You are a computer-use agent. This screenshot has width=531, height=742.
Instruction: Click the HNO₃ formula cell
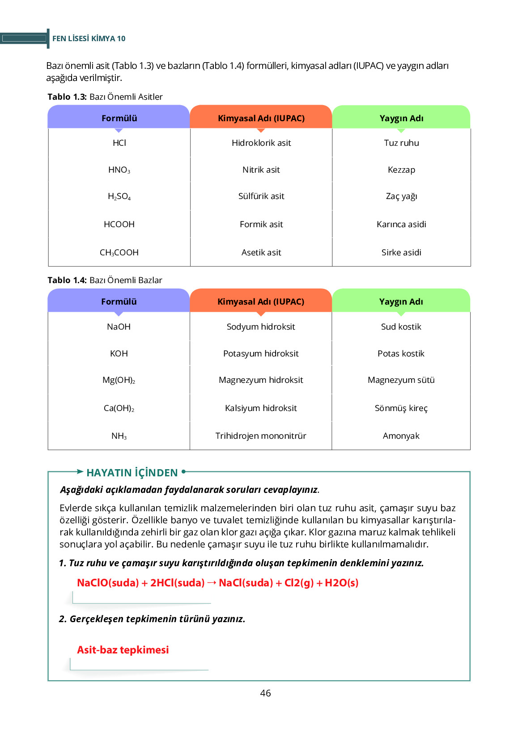[x=119, y=170]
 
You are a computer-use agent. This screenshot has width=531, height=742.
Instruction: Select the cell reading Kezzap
[x=401, y=170]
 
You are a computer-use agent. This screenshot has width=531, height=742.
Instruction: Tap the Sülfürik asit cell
[x=261, y=196]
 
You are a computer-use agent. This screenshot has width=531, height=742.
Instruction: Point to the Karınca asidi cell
[x=401, y=225]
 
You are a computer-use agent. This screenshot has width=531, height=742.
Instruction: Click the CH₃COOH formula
[x=119, y=253]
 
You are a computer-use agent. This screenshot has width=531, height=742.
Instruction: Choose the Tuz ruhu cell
[x=401, y=143]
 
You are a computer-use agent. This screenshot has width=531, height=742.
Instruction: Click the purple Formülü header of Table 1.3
[x=119, y=118]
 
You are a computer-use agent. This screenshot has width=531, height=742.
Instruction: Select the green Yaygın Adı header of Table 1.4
[x=401, y=301]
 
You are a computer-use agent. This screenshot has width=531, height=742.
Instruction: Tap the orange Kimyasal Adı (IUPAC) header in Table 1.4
[x=261, y=301]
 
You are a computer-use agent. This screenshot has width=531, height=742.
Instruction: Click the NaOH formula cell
[x=119, y=327]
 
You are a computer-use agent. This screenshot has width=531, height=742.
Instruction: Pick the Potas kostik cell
[x=401, y=354]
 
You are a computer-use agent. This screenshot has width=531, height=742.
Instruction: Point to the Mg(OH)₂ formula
[x=119, y=380]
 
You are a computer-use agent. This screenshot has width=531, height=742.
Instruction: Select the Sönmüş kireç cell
[x=401, y=408]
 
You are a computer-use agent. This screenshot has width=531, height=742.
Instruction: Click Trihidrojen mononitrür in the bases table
[x=261, y=436]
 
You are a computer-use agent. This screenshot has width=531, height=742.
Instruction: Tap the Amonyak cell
[x=401, y=436]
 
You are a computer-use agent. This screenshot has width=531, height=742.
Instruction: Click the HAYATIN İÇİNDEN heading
[x=132, y=473]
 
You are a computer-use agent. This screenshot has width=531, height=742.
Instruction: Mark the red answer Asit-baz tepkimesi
[x=123, y=650]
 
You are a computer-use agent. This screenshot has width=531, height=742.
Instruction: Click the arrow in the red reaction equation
[x=212, y=582]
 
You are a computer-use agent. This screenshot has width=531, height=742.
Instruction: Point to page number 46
[x=265, y=693]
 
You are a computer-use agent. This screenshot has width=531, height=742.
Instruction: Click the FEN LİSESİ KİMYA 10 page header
[x=89, y=38]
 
